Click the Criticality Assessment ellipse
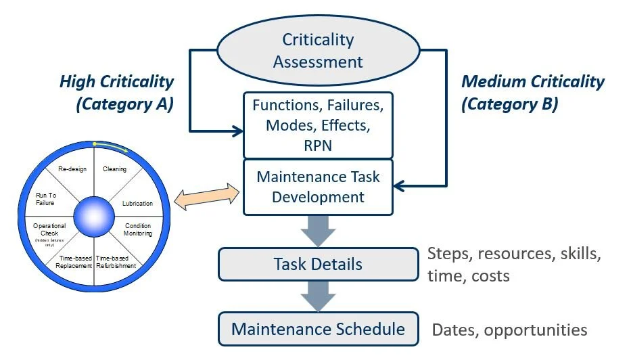click(x=318, y=51)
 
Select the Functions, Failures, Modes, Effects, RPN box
click(x=317, y=125)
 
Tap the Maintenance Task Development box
click(x=317, y=187)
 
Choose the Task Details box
click(x=318, y=264)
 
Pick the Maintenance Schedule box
click(x=318, y=330)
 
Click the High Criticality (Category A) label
click(x=116, y=93)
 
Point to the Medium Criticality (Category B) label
click(x=532, y=93)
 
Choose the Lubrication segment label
click(x=137, y=203)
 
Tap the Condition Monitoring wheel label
click(x=138, y=229)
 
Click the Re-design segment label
click(x=72, y=169)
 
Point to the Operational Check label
click(x=49, y=229)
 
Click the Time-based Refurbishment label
click(x=116, y=262)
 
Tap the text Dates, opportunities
click(x=509, y=330)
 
